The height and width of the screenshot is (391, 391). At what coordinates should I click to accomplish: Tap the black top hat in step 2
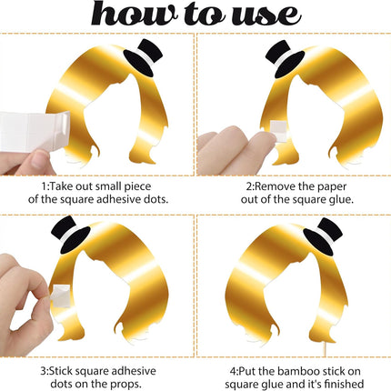284,58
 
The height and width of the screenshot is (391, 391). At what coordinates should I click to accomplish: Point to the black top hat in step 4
323,236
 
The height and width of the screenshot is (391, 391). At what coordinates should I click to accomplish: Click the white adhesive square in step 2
278,131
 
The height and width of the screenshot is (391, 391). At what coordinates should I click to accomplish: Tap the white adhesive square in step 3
62,296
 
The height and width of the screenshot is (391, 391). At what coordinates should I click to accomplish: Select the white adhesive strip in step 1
34,130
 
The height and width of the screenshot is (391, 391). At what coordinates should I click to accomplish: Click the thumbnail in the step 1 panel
40,159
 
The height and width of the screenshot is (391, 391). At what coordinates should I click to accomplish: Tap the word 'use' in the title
266,15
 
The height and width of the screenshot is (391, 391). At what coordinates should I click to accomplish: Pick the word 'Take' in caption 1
61,186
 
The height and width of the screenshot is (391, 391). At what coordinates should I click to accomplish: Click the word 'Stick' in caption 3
61,371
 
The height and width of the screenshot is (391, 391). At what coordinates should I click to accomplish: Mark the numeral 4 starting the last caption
232,371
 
